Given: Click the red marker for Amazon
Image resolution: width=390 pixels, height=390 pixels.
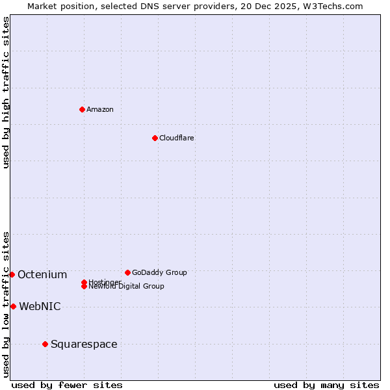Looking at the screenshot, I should (82, 109).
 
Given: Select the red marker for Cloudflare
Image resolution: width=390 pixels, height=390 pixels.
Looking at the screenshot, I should (155, 138).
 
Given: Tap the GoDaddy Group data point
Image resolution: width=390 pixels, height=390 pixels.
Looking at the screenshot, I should (127, 272).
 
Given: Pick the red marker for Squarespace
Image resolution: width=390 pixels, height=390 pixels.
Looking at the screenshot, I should (45, 344).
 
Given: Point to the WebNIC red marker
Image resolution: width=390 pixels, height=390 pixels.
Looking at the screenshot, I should (13, 306).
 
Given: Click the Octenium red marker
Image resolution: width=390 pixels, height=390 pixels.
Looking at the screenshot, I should (12, 274).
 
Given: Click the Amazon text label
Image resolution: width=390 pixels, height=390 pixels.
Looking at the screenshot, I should (99, 109).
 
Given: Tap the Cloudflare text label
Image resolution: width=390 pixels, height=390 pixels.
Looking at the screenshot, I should (176, 138).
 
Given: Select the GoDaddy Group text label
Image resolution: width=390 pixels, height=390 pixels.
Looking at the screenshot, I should (159, 272).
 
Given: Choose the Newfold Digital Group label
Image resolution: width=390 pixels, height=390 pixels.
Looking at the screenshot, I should (126, 287).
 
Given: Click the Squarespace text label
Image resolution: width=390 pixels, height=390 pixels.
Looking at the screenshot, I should (84, 344).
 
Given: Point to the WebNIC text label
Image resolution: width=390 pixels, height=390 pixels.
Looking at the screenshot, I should (40, 306).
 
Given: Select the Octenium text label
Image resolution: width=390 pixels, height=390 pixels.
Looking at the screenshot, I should (42, 274).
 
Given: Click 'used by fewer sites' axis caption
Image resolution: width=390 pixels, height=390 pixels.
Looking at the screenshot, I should (67, 385).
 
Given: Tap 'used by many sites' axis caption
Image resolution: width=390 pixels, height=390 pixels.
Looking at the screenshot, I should (326, 385).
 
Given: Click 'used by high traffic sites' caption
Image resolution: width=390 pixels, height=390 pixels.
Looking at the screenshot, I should (6, 92).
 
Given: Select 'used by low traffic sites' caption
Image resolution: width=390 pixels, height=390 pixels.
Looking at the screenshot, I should (6, 304).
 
